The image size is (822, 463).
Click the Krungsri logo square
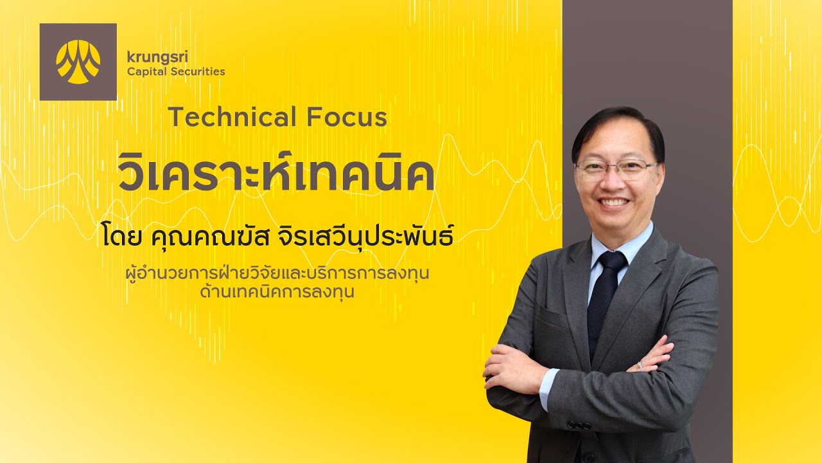tap(78, 62)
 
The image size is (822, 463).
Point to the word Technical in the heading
tap(232, 118)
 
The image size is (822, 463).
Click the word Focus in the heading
tap(347, 118)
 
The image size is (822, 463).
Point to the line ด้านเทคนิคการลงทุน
tap(277, 292)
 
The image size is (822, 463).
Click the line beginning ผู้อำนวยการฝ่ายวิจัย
tap(277, 274)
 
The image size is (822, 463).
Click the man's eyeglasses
tap(615, 168)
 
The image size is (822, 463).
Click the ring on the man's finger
tap(640, 365)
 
